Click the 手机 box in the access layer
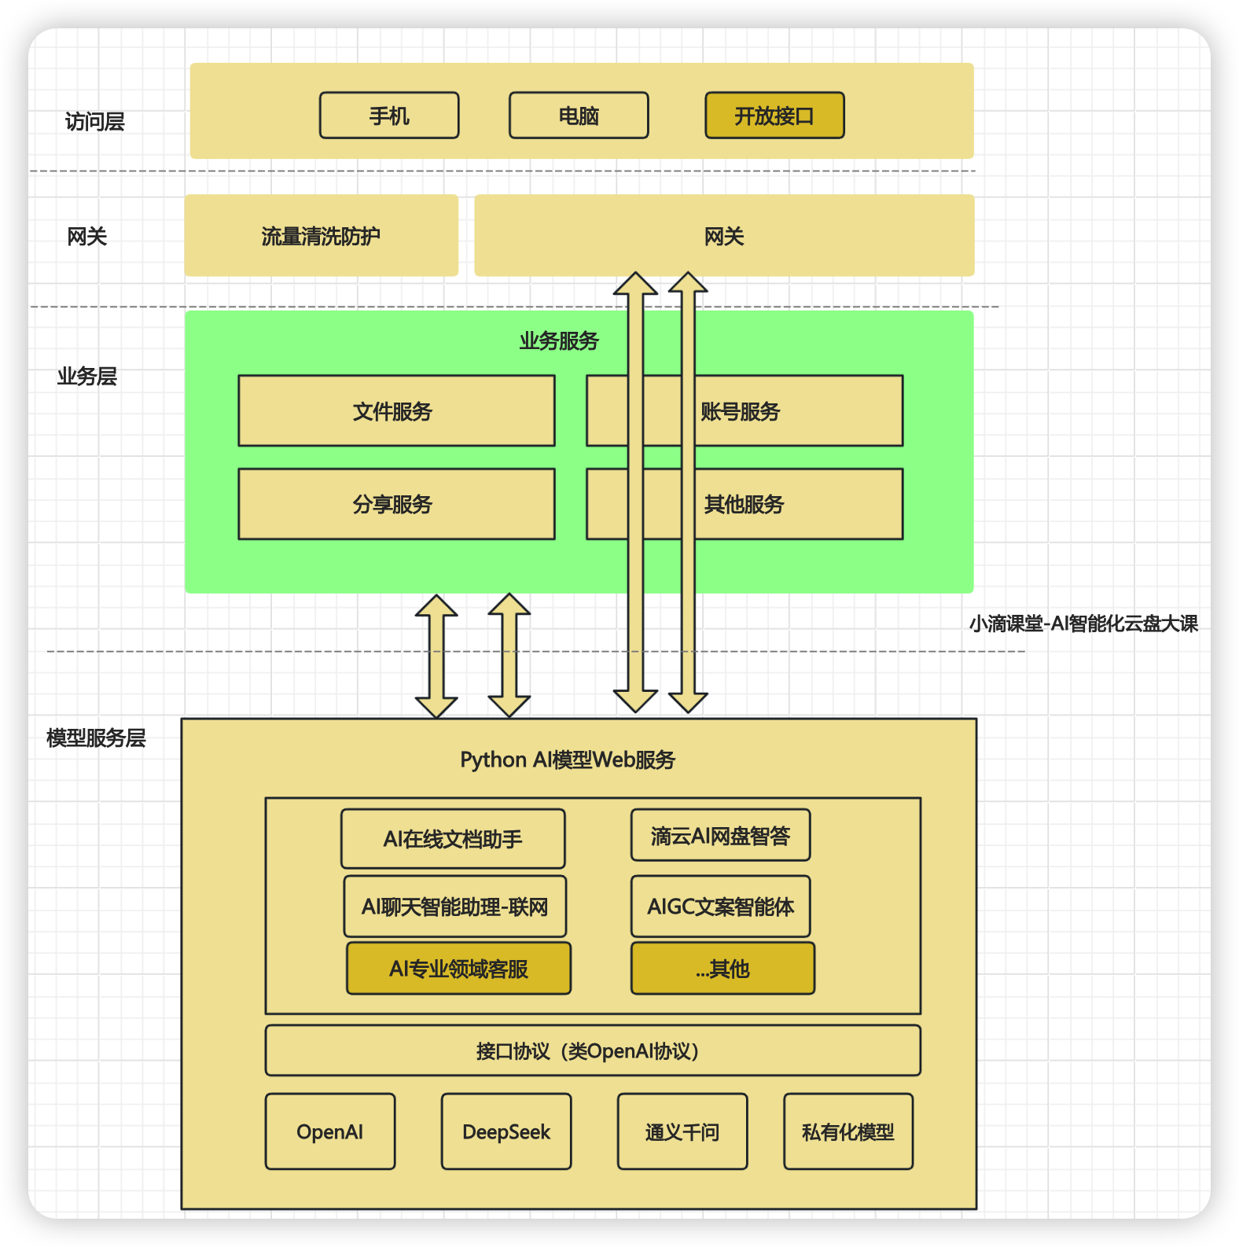(389, 116)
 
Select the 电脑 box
(579, 116)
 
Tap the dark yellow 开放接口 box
(774, 116)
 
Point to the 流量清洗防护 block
(321, 236)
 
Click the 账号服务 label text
(740, 411)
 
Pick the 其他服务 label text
(744, 504)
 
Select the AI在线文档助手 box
(453, 839)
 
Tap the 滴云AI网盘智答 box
(720, 835)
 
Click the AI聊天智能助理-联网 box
(454, 907)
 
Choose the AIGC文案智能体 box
(720, 907)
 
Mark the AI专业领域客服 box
(458, 969)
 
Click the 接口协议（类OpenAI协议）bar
(593, 1050)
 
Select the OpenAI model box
(330, 1131)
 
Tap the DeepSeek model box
(506, 1131)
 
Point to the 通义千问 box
(682, 1131)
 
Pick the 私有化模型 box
(848, 1131)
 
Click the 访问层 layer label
(94, 122)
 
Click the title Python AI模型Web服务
(568, 760)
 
